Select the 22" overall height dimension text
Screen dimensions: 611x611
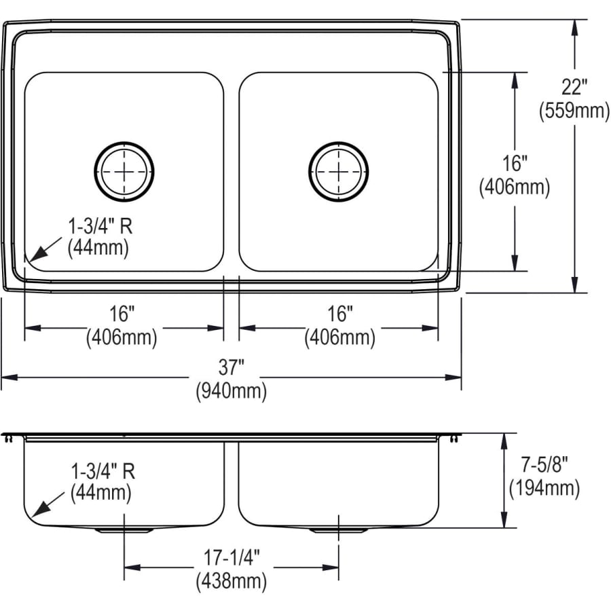tap(574, 88)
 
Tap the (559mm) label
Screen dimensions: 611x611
tap(574, 110)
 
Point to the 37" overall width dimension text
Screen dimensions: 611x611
tap(231, 369)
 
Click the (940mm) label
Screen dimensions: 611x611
tap(231, 391)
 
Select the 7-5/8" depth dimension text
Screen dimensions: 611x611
tap(544, 465)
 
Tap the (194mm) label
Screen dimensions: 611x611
tap(544, 487)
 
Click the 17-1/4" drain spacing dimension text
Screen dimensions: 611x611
tap(231, 559)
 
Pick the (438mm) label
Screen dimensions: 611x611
tap(231, 581)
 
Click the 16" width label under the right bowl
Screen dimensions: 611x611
tap(339, 314)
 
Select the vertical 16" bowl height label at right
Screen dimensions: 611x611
tap(514, 164)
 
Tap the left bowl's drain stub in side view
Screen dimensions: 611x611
tap(124, 530)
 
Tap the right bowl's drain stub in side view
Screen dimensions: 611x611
tap(338, 530)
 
